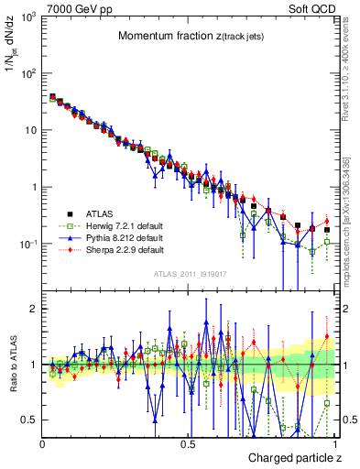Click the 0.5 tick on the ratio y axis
point(29,420)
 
